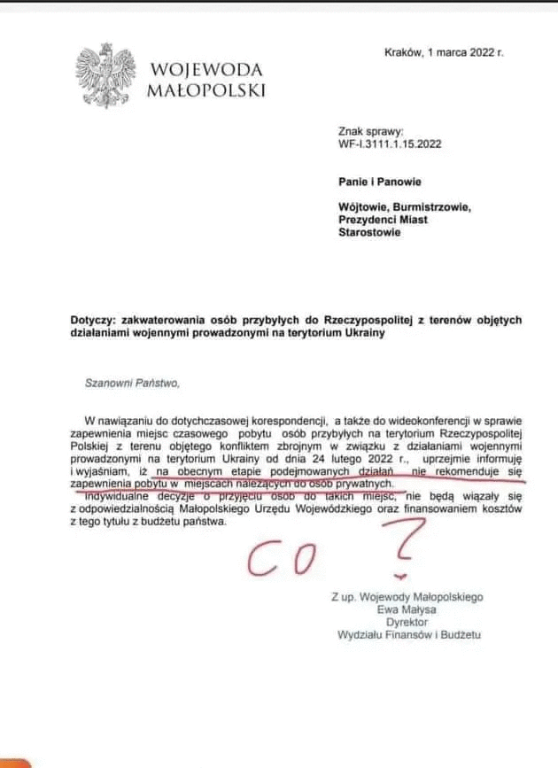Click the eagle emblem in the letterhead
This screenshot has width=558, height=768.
click(x=109, y=79)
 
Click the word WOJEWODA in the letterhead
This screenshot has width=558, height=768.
click(x=207, y=70)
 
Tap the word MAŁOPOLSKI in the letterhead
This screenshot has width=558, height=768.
click(x=207, y=89)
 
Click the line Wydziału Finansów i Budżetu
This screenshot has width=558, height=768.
click(x=408, y=634)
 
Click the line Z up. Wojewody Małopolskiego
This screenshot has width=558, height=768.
click(x=407, y=597)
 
